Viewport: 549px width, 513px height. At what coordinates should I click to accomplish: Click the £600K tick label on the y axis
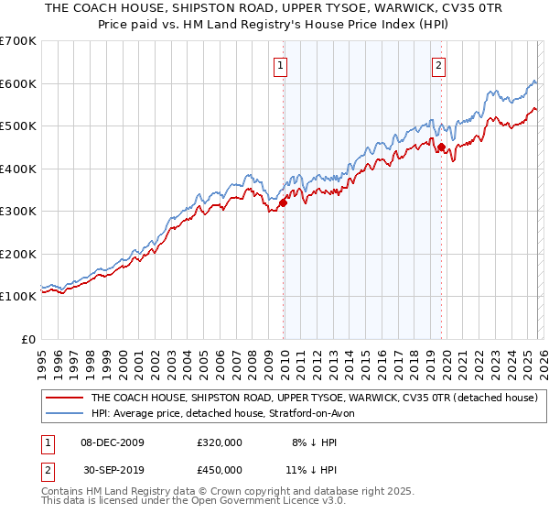(17, 83)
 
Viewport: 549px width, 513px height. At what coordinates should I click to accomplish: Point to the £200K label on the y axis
(17, 254)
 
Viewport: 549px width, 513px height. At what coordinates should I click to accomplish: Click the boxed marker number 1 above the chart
(279, 65)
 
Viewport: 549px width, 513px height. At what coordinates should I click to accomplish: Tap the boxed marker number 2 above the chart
(439, 65)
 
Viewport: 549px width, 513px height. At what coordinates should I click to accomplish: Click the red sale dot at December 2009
(283, 202)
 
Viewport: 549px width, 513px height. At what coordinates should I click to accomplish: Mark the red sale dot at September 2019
(441, 147)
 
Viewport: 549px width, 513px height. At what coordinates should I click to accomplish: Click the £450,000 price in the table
(220, 469)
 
